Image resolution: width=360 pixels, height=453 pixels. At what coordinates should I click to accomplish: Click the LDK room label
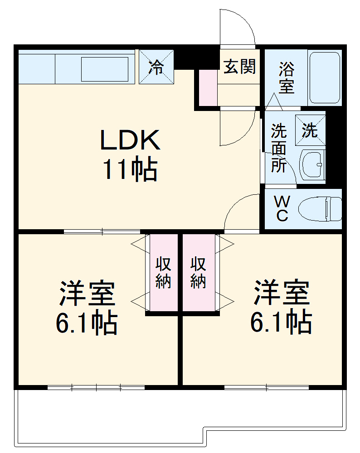click(x=130, y=140)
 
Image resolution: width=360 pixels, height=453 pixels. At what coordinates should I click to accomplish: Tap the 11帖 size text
click(x=130, y=170)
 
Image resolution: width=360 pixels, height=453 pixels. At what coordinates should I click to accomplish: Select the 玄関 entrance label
click(x=239, y=67)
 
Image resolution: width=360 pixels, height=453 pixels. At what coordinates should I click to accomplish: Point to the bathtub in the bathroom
click(x=324, y=78)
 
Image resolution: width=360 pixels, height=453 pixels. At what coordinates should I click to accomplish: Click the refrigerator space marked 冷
click(x=156, y=67)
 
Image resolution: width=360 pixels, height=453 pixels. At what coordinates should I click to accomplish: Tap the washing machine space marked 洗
click(x=311, y=130)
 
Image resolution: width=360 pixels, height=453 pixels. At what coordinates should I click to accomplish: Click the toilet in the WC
click(x=320, y=208)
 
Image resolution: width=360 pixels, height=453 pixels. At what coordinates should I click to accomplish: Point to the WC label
click(x=282, y=208)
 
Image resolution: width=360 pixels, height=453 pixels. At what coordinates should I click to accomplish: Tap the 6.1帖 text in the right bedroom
click(x=281, y=322)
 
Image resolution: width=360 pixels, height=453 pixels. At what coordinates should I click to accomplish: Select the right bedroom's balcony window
click(x=267, y=387)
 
